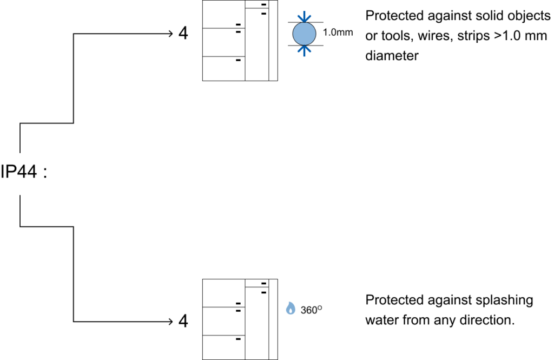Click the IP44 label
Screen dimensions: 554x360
[19, 172]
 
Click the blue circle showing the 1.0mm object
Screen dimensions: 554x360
[304, 34]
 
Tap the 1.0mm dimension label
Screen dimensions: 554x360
[338, 32]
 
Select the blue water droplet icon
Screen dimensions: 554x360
[291, 309]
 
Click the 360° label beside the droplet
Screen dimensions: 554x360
[311, 310]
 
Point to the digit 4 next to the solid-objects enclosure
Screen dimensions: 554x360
[183, 33]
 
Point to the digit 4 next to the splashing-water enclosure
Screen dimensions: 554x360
[183, 321]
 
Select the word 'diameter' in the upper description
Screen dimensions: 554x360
[392, 56]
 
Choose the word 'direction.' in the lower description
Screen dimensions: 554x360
[487, 320]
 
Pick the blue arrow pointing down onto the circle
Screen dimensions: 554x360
[304, 17]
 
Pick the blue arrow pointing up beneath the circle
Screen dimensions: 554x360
[304, 51]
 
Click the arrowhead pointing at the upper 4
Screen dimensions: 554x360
[170, 34]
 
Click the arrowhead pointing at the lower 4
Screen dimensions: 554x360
[170, 322]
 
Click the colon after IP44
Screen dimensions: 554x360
[45, 173]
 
